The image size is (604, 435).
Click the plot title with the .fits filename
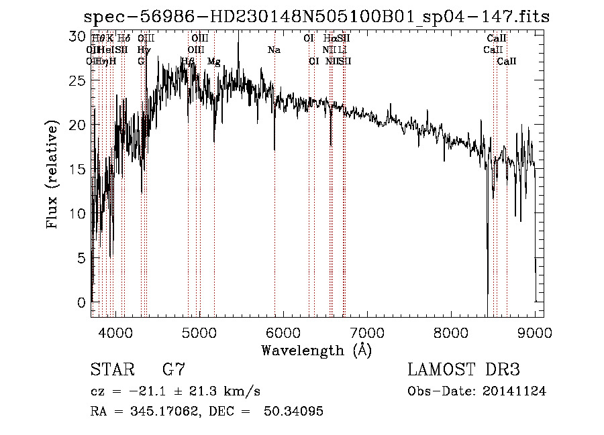click(315, 16)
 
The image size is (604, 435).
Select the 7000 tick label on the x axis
click(367, 332)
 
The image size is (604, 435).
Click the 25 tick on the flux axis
click(79, 80)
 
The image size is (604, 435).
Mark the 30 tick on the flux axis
click(79, 36)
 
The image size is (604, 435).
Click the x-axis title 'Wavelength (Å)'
click(316, 350)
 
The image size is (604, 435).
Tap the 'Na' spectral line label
click(274, 50)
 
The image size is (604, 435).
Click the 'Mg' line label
click(213, 62)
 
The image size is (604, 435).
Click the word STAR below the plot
click(111, 370)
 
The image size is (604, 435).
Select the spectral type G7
click(174, 370)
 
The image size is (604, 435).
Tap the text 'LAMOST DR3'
click(464, 370)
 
